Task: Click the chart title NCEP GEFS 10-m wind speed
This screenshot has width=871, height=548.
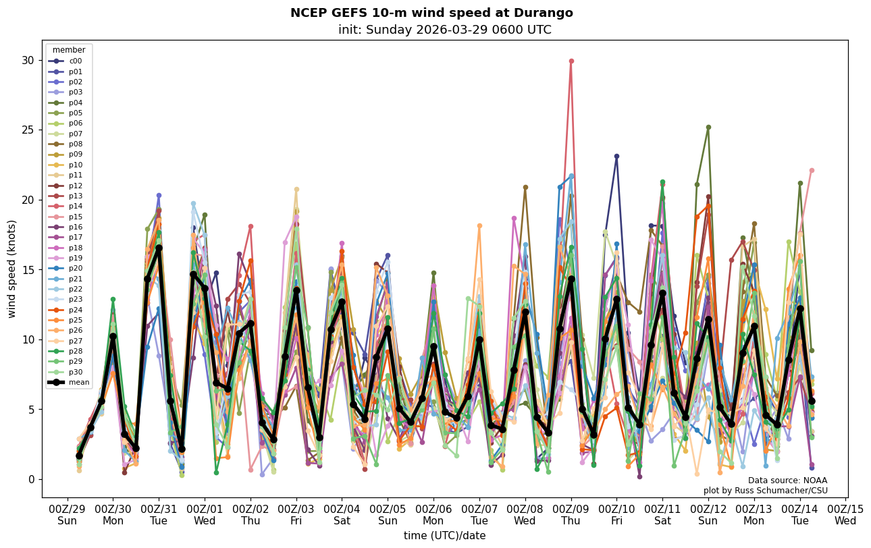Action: [431, 13]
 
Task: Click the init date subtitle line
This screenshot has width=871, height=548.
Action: [445, 30]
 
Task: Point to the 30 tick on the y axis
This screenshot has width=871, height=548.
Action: [27, 60]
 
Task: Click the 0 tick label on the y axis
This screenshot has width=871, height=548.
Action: [30, 479]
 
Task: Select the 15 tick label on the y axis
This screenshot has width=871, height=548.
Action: [27, 270]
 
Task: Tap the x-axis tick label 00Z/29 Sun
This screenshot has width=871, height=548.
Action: [67, 515]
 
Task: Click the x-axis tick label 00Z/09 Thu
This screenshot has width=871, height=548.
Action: [571, 515]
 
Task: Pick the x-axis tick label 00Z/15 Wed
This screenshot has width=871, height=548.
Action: [845, 515]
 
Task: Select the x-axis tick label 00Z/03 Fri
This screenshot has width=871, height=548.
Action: [296, 515]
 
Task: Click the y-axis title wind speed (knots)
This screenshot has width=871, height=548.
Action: [11, 269]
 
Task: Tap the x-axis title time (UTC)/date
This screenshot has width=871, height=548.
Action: [445, 536]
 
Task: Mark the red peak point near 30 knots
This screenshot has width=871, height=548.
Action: [571, 61]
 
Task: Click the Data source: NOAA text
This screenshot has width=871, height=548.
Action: [787, 481]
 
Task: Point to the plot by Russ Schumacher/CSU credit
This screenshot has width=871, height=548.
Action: [765, 491]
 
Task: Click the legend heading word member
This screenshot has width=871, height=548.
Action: [69, 50]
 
